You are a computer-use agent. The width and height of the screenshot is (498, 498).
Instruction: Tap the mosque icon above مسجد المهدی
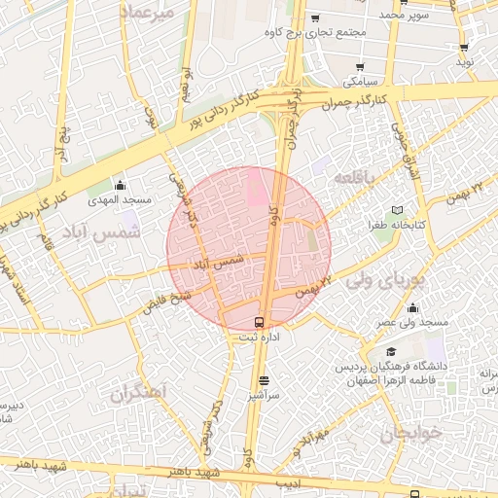[120, 185]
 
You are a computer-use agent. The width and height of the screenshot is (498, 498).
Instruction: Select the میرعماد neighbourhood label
[148, 12]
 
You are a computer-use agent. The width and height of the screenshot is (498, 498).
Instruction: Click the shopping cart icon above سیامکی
[360, 67]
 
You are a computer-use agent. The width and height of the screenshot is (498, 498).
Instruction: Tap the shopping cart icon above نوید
[465, 47]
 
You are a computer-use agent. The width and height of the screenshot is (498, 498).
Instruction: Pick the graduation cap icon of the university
[390, 351]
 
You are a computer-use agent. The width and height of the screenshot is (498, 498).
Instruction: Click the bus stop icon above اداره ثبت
[259, 322]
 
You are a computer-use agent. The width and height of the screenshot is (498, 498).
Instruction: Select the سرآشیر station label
[264, 395]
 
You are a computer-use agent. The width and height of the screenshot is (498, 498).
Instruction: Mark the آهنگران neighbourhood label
[139, 392]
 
